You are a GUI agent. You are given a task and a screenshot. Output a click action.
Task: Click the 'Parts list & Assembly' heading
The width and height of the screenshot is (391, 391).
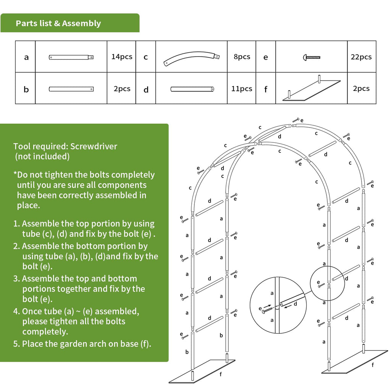point(58,23)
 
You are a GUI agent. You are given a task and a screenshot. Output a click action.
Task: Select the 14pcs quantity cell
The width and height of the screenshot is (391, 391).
point(122,57)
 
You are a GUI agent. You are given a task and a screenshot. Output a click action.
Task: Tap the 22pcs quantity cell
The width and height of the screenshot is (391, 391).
point(361,57)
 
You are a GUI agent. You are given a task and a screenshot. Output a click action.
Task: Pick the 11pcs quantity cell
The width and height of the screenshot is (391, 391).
point(242,89)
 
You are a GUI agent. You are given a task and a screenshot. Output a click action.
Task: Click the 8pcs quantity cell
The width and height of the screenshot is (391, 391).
point(242,57)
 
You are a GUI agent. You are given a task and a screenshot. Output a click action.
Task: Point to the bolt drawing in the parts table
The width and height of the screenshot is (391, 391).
point(311,58)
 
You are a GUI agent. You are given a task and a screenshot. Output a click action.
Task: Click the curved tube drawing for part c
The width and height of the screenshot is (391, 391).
point(191,59)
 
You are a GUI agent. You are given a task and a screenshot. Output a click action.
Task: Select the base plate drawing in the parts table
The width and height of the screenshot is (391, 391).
point(311,90)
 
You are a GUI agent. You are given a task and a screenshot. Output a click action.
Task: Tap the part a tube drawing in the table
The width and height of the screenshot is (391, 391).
point(71,57)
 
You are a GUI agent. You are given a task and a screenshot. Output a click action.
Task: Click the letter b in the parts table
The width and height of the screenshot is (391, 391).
point(26,90)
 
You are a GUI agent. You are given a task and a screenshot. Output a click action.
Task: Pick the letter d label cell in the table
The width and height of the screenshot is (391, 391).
point(146,90)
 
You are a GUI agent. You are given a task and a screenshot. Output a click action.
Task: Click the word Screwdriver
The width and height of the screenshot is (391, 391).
point(94,146)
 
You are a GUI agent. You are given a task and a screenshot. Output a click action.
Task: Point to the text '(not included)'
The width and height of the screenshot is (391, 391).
point(42,156)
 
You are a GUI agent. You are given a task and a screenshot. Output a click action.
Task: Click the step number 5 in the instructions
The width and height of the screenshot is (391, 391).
point(16,344)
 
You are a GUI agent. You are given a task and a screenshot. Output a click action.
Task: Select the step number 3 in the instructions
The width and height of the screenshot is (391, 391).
point(16,279)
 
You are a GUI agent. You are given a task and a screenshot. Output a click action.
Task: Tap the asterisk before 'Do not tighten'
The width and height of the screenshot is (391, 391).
point(15,174)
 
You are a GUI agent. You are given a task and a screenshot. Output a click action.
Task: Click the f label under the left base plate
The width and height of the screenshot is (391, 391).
point(220,374)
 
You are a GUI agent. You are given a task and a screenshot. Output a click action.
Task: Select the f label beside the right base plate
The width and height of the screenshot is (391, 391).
point(372,365)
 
